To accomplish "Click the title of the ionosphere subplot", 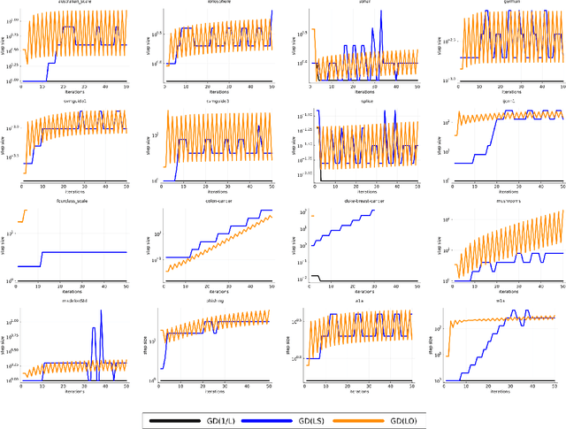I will (215, 3).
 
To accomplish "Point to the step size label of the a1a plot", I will (290, 349).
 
